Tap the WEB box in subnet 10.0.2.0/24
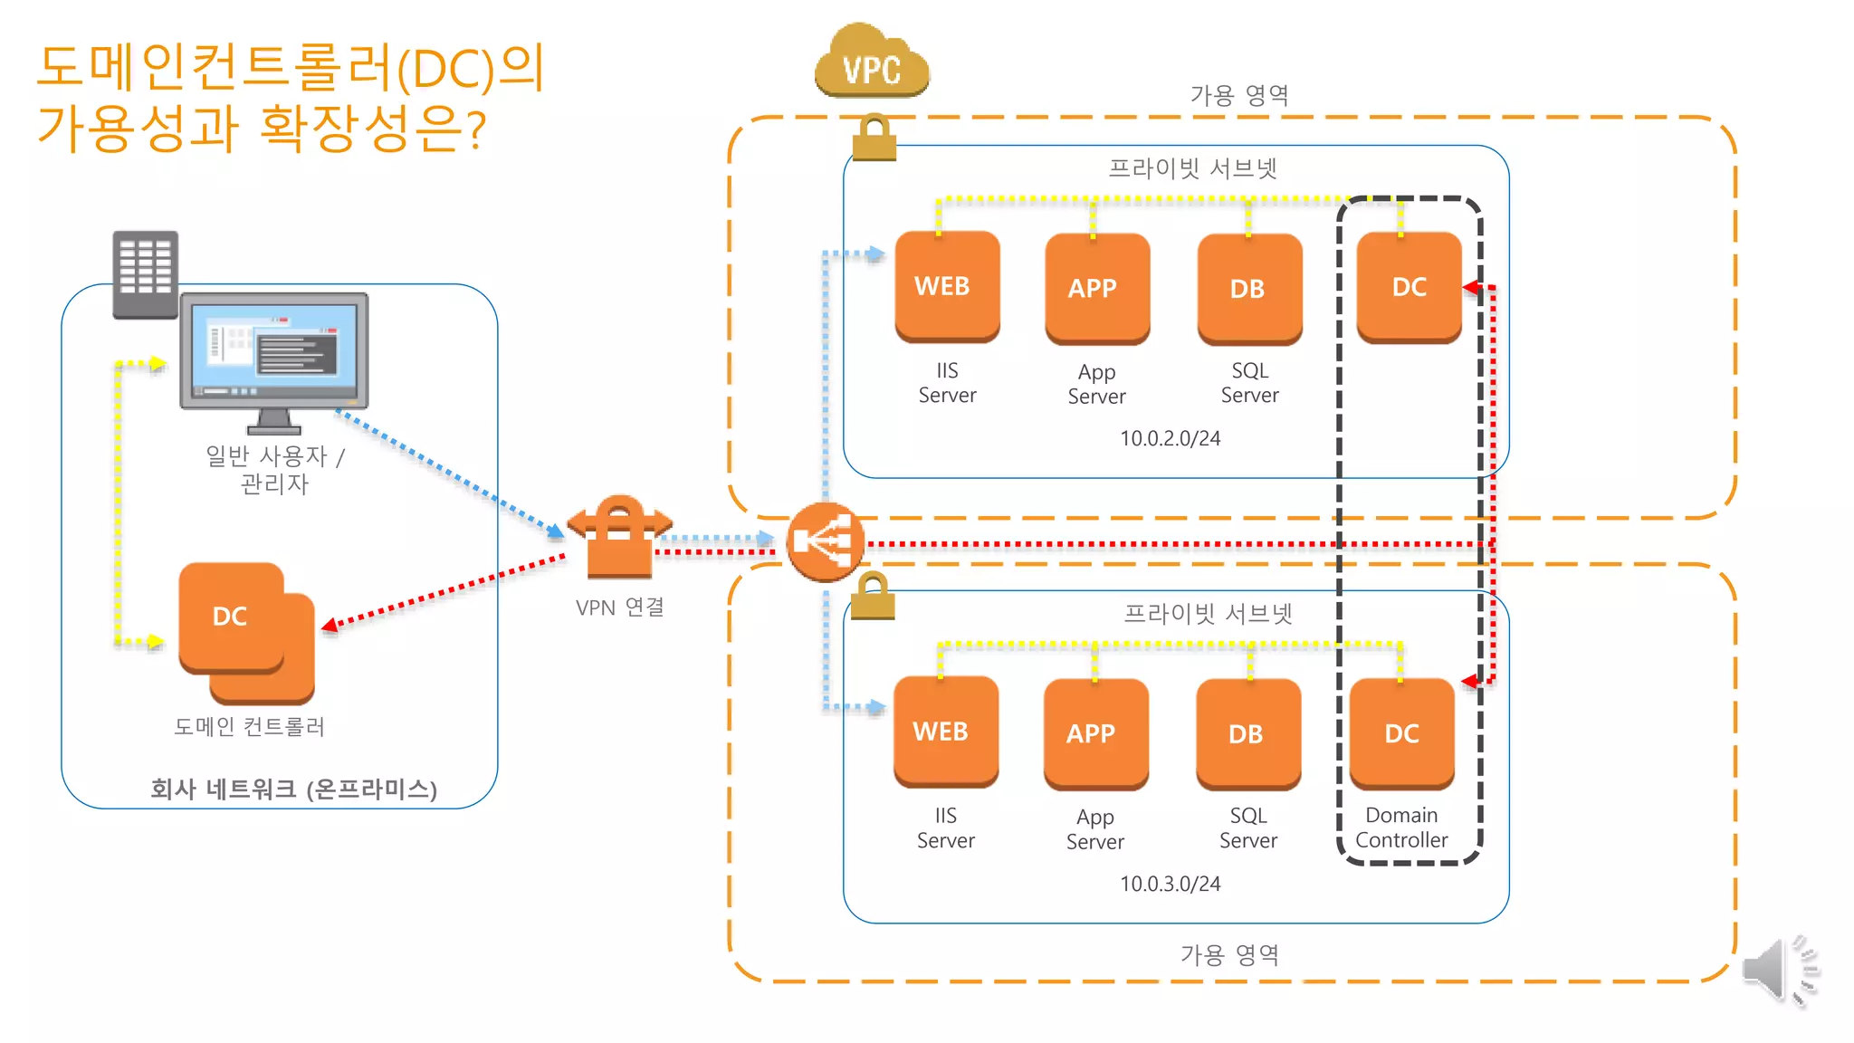[947, 287]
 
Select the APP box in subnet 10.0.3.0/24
[1095, 733]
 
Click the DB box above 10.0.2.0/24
[1249, 289]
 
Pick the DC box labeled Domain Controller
[1401, 733]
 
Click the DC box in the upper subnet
[1409, 287]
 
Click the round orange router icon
[824, 541]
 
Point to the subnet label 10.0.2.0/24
[1170, 438]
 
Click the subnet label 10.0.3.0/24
[1170, 884]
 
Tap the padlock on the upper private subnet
[874, 139]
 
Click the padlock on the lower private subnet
[873, 597]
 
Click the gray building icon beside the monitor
[145, 274]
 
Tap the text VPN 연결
[620, 607]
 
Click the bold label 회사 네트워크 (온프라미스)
[293, 789]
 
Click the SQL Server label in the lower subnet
[1248, 828]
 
